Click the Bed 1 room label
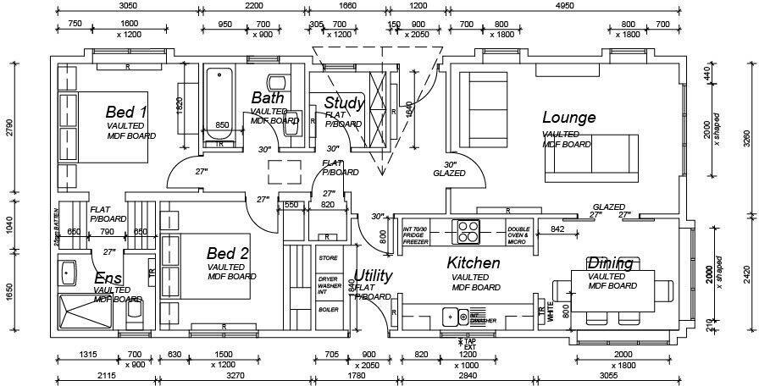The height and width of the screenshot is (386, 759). [x=127, y=112]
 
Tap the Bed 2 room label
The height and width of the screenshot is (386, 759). [x=228, y=253]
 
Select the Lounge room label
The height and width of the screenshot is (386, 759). [x=568, y=118]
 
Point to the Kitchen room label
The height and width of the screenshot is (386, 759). [x=474, y=263]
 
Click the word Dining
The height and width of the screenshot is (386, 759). [x=610, y=263]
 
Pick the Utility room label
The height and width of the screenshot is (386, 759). [x=373, y=275]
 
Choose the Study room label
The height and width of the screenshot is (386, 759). [x=345, y=104]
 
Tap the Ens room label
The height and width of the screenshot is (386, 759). [x=108, y=278]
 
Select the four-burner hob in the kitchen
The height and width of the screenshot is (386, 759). [x=468, y=231]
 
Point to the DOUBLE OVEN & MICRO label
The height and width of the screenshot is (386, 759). [x=518, y=234]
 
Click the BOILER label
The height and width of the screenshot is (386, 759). [x=328, y=310]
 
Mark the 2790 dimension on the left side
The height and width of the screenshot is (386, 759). [x=9, y=128]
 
